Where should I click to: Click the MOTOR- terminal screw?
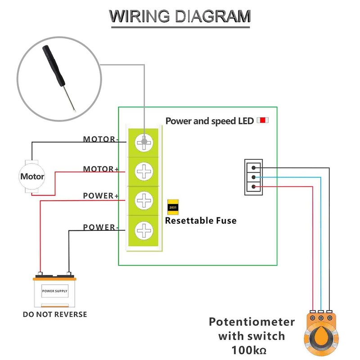click(x=144, y=142)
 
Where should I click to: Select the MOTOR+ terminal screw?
click(x=144, y=171)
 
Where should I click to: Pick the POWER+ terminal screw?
click(x=144, y=200)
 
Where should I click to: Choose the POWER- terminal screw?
click(x=144, y=230)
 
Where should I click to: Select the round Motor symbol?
click(x=32, y=176)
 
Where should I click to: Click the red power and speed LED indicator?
click(x=262, y=121)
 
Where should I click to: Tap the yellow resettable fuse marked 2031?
click(x=173, y=207)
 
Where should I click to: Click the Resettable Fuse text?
click(x=200, y=221)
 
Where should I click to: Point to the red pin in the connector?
click(x=254, y=186)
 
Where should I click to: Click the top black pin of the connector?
click(x=254, y=168)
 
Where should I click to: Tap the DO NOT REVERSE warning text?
click(x=55, y=314)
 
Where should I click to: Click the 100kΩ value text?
click(x=252, y=349)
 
